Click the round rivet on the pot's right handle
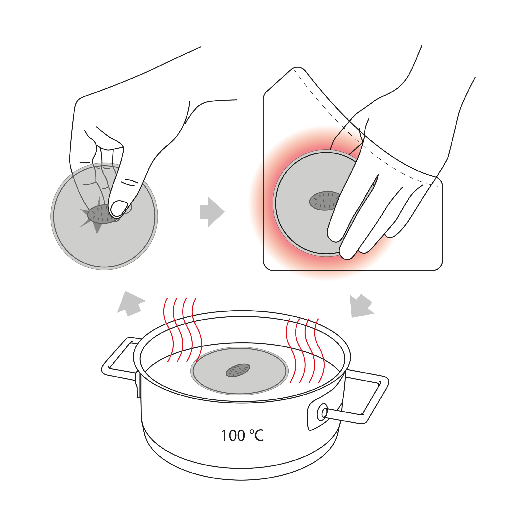[323, 413]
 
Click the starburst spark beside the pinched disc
[95, 215]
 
